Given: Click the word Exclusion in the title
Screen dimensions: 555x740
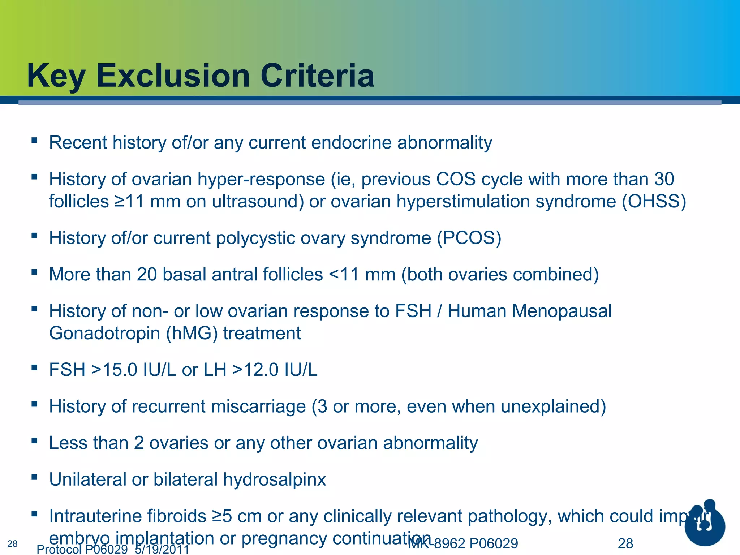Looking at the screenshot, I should (173, 76).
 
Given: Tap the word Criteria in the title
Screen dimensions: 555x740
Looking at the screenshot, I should (317, 76).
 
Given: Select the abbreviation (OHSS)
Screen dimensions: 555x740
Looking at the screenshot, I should (654, 201).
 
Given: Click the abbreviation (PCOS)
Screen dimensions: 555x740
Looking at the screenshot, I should (469, 238).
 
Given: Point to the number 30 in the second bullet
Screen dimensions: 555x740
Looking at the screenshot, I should (664, 179).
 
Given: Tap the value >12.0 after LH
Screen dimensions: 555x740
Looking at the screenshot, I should (255, 370).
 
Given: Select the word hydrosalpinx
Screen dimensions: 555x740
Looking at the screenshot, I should (275, 479).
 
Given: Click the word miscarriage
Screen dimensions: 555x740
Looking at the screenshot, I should (258, 406).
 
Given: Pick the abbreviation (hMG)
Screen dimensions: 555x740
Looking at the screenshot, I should (192, 333).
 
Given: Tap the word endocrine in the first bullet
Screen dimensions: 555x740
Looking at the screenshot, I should (351, 142).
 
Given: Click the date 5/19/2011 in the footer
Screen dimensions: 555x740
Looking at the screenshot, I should (162, 550).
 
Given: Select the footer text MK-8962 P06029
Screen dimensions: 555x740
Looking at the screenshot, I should (463, 543).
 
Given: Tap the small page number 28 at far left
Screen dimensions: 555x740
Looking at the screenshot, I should (12, 544).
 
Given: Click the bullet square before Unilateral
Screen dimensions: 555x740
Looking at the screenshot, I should (34, 477).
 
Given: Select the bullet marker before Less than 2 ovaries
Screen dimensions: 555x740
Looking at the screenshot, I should (34, 440).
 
